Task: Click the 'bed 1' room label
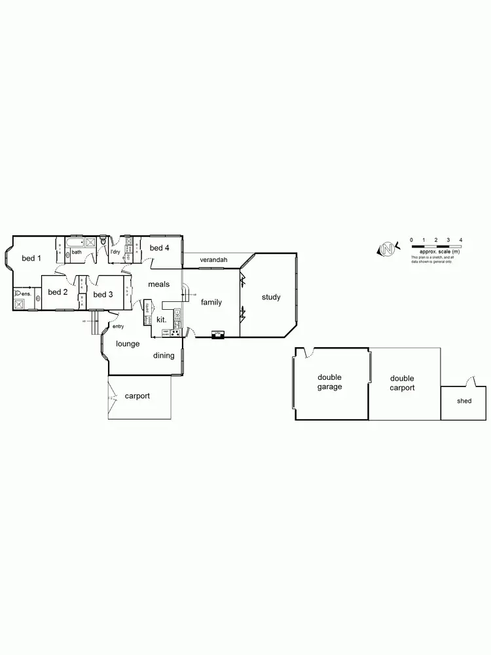pos(31,259)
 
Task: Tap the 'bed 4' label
pos(160,248)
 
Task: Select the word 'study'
pos(271,297)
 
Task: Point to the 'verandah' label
pos(213,261)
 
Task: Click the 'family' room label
pos(211,303)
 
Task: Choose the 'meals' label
pos(158,284)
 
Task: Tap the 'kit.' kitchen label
pos(161,320)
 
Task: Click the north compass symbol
pos(388,249)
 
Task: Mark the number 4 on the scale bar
pos(461,240)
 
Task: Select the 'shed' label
pos(464,401)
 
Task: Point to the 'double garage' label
pos(330,382)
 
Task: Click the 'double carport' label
pos(402,383)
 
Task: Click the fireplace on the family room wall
pos(218,335)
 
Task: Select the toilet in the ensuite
pos(18,294)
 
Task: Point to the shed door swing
pos(470,381)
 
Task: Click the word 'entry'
pos(118,326)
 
